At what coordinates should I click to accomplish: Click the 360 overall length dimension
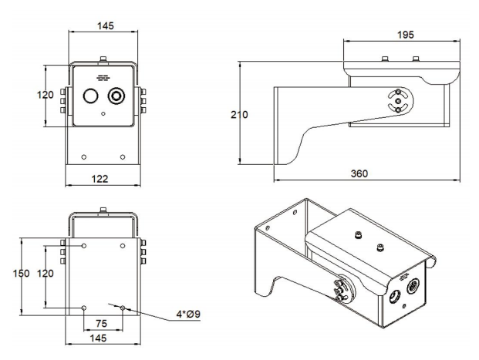click(x=359, y=173)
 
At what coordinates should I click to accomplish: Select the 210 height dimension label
click(x=239, y=115)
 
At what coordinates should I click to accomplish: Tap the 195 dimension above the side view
click(x=406, y=35)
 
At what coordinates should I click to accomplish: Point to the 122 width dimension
click(x=100, y=179)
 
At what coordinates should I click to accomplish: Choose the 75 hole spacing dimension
click(x=101, y=323)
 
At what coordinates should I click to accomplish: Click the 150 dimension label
click(x=21, y=274)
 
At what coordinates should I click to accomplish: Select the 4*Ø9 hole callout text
click(x=188, y=314)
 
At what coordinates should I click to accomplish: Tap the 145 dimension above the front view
click(x=106, y=26)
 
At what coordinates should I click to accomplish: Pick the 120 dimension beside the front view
click(x=46, y=95)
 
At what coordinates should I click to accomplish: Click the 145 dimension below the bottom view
click(x=99, y=338)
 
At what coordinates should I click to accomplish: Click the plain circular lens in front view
click(x=90, y=96)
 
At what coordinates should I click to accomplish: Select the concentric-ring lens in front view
click(x=116, y=96)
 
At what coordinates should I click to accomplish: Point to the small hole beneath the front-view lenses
click(x=103, y=114)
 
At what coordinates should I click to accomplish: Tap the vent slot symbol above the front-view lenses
click(x=103, y=78)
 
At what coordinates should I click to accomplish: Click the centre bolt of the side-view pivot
click(x=398, y=101)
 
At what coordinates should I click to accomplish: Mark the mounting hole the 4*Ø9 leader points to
click(x=123, y=308)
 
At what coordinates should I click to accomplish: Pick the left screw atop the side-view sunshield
click(x=385, y=59)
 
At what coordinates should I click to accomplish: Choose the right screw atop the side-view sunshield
click(x=416, y=59)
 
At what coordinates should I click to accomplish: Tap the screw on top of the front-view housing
click(x=103, y=59)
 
